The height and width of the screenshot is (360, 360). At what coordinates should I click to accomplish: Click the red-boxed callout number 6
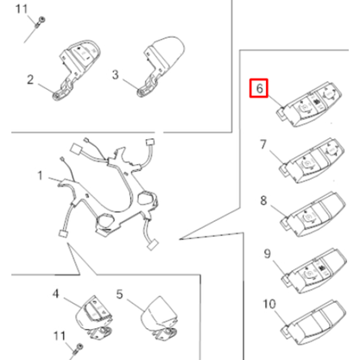pos(259,88)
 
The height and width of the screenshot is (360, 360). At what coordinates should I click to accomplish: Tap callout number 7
pos(263,144)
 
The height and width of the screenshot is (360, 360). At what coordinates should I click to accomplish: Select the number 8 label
pos(263,200)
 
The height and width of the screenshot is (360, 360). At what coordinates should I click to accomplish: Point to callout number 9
pos(268,254)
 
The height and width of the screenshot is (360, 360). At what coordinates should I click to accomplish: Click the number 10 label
pos(269,304)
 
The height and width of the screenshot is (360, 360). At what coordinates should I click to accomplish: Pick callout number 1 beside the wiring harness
pos(40,175)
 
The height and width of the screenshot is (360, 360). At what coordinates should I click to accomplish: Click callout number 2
pos(30,79)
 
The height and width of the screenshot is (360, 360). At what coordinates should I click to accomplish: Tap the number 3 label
pos(115,74)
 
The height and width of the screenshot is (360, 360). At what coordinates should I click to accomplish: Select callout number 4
pos(56,294)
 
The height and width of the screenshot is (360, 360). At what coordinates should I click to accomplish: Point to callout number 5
pos(119,294)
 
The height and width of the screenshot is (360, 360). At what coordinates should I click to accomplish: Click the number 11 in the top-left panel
pos(22,9)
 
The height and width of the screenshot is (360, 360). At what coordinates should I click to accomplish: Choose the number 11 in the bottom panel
pos(60,336)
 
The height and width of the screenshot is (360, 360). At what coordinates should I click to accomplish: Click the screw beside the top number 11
pos(40,22)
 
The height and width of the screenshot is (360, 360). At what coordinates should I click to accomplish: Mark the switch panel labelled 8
pos(313,214)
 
